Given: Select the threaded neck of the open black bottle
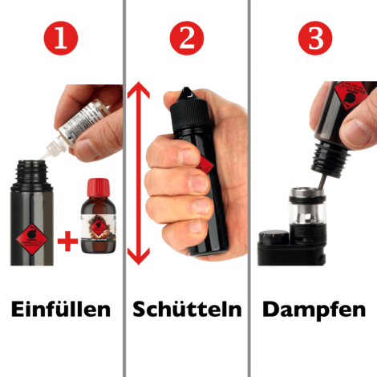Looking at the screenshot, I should (x=31, y=171).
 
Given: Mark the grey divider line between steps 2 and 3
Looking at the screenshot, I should (x=249, y=188).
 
